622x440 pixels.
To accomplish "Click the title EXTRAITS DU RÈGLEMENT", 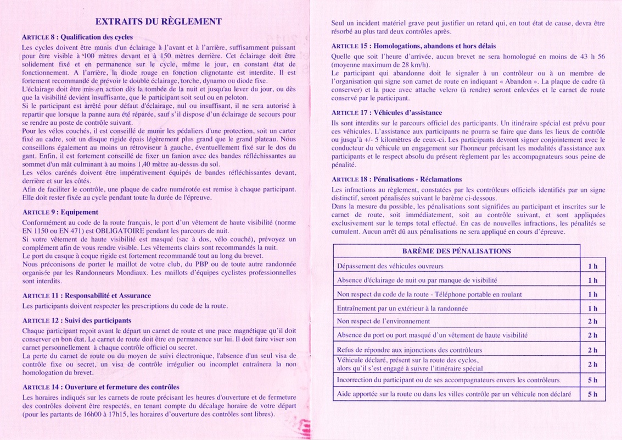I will (158, 21).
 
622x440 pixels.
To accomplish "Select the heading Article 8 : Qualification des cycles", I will (77, 37).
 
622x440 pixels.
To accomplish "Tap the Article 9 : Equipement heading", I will (60, 212).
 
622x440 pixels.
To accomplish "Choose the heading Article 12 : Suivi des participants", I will (76, 320).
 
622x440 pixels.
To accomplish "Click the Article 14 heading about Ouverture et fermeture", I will (100, 387).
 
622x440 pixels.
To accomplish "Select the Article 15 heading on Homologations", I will (413, 46).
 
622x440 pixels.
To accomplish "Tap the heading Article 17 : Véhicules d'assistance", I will (386, 113).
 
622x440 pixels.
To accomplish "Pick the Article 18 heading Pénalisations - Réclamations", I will (396, 179).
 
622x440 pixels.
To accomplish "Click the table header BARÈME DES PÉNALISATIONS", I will (457, 251).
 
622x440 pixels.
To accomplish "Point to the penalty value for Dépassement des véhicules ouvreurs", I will (592, 266).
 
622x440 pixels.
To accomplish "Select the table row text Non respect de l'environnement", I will (383, 321).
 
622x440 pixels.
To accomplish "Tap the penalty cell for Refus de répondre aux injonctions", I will (592, 350).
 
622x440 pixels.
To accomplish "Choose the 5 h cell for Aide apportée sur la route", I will (592, 394).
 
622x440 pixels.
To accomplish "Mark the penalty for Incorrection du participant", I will (592, 380).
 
